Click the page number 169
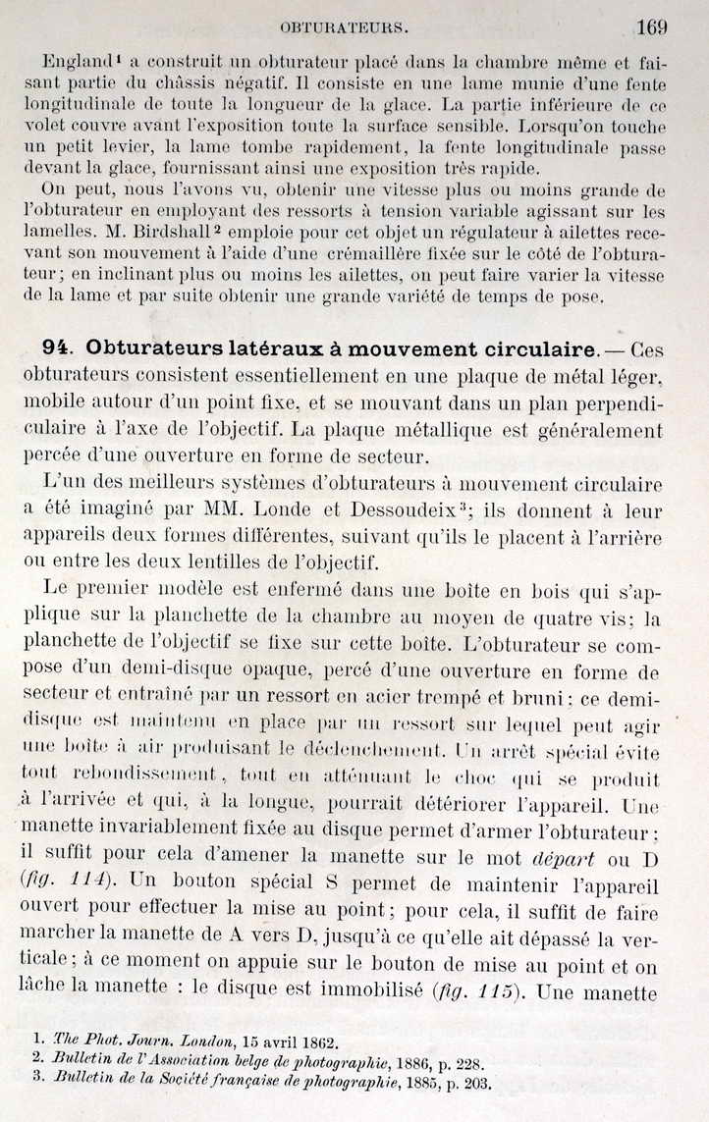(652, 27)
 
